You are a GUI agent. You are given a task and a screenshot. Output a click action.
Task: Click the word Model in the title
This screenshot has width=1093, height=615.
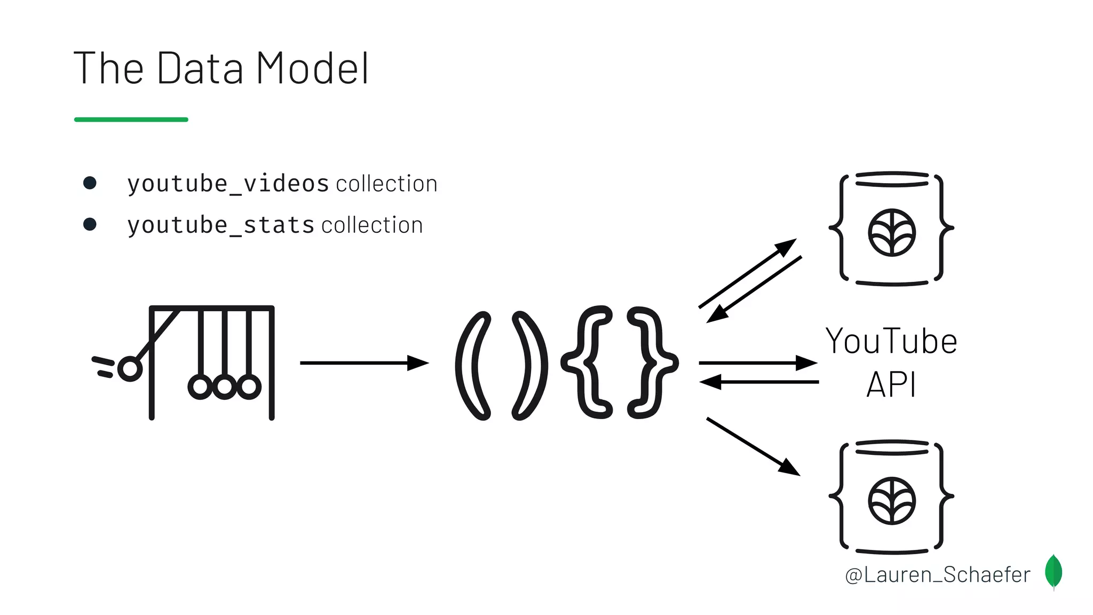tap(312, 68)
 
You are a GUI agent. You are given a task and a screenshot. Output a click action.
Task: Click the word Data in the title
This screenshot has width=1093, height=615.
tap(200, 68)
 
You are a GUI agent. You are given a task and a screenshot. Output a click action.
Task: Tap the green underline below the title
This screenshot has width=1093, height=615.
tap(131, 120)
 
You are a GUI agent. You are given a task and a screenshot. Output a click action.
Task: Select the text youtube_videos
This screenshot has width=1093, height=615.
tap(228, 184)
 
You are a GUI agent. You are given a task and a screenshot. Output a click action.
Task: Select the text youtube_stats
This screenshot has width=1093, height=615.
tap(221, 225)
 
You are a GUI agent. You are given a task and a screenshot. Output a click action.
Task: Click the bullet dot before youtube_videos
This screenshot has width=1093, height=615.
tap(90, 183)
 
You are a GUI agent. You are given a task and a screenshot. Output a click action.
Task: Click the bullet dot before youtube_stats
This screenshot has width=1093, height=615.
tap(90, 224)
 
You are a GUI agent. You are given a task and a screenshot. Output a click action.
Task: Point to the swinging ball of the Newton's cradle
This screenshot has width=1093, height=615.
tap(130, 368)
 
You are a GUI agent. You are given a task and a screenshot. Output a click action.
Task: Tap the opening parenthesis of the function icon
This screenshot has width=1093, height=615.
tap(471, 366)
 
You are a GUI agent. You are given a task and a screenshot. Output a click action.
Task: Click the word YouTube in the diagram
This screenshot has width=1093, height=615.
tap(891, 342)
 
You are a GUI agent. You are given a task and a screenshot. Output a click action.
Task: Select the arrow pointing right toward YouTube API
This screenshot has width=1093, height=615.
tap(758, 363)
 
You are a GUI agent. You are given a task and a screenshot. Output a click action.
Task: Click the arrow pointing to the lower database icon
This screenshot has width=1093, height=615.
tap(753, 446)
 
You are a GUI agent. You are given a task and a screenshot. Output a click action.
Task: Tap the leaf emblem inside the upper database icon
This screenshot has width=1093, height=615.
tap(892, 233)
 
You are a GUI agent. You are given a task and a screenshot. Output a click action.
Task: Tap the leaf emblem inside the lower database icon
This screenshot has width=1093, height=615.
tap(892, 501)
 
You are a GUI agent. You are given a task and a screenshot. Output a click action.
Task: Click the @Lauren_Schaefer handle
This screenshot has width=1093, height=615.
tap(938, 575)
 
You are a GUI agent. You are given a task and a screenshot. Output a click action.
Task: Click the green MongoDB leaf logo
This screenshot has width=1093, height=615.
tap(1054, 572)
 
